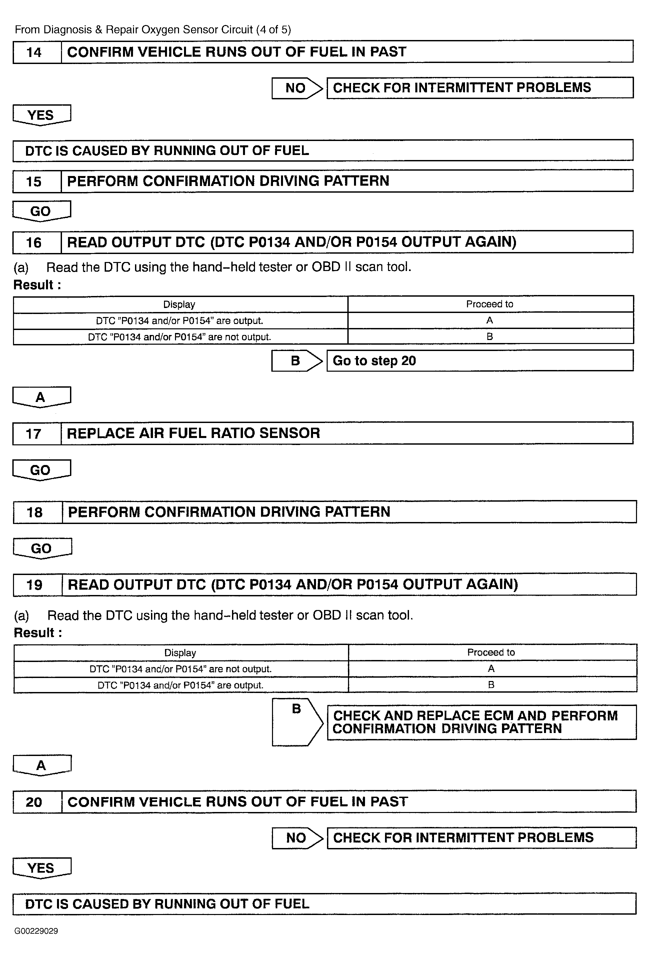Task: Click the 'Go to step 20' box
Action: tap(480, 361)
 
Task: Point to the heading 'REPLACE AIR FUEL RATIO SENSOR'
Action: tap(193, 433)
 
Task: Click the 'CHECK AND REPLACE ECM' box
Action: tap(481, 722)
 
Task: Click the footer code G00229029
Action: tap(36, 931)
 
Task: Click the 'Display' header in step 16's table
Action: tap(179, 305)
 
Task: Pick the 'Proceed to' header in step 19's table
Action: tap(491, 652)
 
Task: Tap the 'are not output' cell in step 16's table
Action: tap(180, 337)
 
